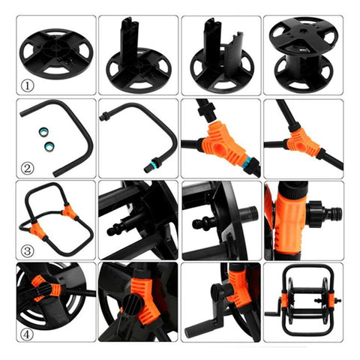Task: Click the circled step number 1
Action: (27, 85)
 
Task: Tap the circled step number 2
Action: (27, 168)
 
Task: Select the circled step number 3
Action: (27, 250)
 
